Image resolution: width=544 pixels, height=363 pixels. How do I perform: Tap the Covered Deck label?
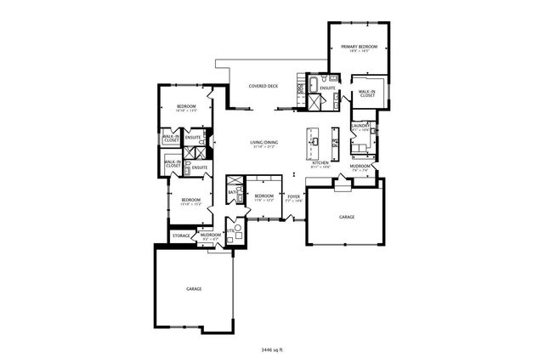tap(263, 87)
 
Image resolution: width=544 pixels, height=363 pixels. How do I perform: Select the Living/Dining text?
tap(263, 142)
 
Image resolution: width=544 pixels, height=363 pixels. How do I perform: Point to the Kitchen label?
tap(320, 162)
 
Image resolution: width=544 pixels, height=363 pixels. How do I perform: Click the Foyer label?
tap(293, 196)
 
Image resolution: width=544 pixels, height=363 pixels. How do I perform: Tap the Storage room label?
tap(181, 235)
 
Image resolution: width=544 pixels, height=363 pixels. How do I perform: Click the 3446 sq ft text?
tap(271, 349)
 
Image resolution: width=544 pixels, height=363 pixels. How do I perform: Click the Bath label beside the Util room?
tap(232, 193)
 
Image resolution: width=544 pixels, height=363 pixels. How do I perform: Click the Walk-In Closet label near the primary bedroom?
tap(367, 94)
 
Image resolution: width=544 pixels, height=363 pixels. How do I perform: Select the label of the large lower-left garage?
tap(195, 289)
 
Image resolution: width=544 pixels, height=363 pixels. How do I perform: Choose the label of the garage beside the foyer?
tap(347, 218)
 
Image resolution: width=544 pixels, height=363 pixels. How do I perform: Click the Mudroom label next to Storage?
tap(211, 235)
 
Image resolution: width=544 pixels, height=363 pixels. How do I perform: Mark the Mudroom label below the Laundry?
tap(360, 167)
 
